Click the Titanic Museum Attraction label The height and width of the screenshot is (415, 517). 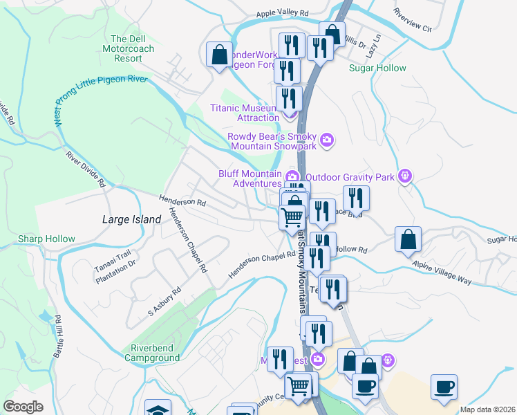[x=244, y=113]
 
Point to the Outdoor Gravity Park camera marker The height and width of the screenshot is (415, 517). [x=406, y=177]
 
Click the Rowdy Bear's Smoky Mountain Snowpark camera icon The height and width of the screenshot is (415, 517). [x=328, y=140]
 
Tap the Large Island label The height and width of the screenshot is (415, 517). [x=131, y=219]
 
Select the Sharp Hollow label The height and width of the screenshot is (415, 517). [x=47, y=239]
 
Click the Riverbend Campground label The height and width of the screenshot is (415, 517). [x=152, y=353]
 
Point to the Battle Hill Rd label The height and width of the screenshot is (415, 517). [x=58, y=336]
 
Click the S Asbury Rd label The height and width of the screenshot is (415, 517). [x=164, y=302]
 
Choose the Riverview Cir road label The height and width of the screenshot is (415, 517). [x=411, y=21]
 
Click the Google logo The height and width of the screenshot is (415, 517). [x=23, y=407]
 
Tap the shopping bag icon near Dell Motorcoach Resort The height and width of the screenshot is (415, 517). [x=219, y=55]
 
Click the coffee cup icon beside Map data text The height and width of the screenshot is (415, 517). [x=443, y=387]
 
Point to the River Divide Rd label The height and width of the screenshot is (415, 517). [x=85, y=169]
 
